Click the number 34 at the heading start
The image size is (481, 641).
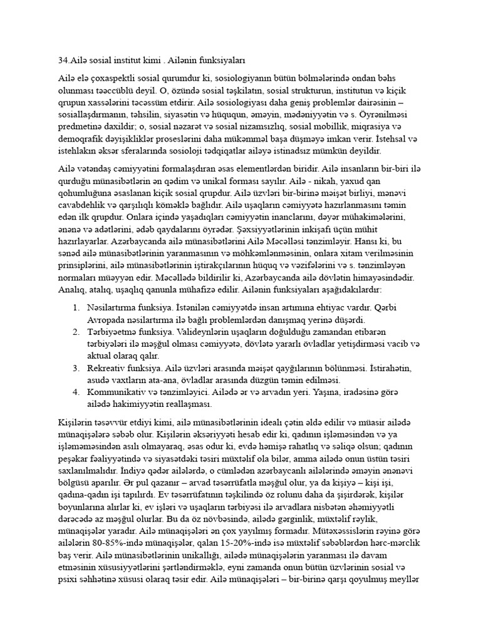(62, 61)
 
